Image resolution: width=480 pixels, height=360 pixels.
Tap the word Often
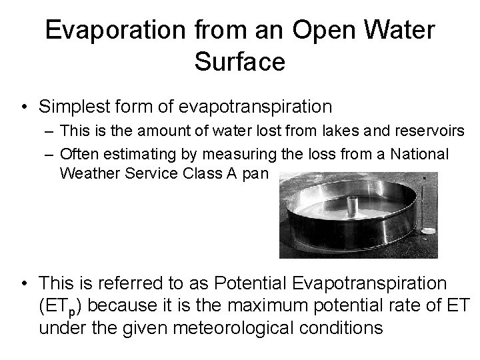pos(78,154)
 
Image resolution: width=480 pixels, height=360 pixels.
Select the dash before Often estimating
pos(49,154)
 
